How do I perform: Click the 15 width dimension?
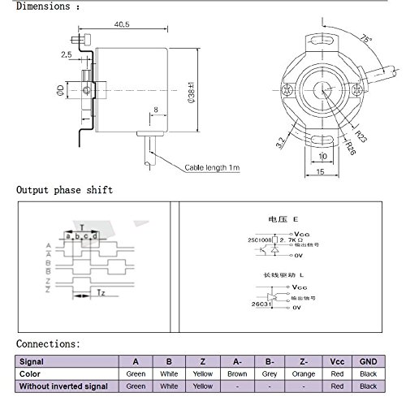tap(321, 173)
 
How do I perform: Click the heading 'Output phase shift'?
tap(65, 190)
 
